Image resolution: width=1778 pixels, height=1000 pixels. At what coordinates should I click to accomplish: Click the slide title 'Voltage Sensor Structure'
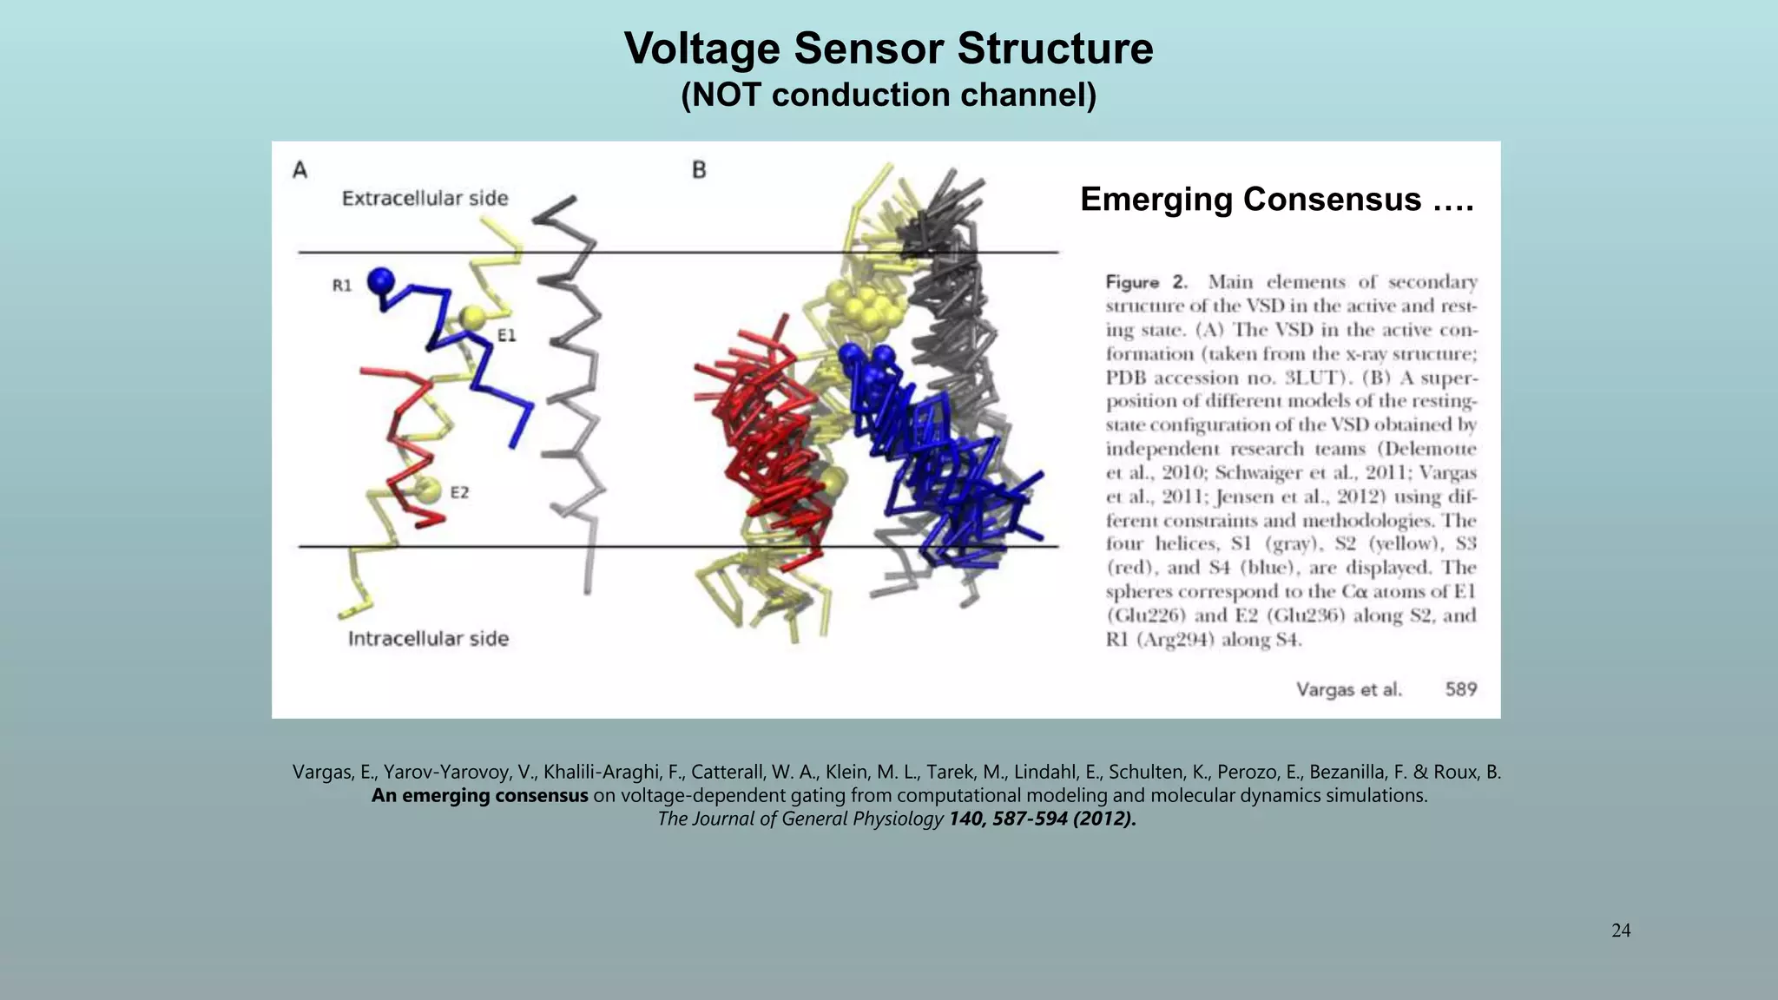(888, 49)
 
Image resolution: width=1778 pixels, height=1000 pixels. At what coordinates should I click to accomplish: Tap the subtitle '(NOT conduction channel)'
(888, 95)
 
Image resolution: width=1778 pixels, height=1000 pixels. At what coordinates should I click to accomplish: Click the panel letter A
(300, 169)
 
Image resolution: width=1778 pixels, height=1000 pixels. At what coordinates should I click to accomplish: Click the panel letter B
(699, 170)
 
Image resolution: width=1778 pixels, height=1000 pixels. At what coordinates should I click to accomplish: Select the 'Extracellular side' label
(425, 199)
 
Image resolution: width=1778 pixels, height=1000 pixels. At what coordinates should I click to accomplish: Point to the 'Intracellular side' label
(428, 639)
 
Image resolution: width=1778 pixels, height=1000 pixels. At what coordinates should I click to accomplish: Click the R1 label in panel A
(342, 286)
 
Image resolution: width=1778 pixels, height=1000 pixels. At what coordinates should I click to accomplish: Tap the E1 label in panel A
(506, 335)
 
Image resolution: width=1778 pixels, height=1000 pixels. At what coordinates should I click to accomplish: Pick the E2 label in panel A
(459, 492)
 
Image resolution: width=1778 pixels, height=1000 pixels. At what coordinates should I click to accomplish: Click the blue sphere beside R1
(380, 280)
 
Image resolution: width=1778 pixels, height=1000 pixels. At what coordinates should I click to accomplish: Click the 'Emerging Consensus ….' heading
(1276, 200)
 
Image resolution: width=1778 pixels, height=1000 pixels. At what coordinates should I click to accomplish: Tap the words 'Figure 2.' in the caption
(1145, 282)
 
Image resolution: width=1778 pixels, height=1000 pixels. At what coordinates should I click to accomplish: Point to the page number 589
(1460, 689)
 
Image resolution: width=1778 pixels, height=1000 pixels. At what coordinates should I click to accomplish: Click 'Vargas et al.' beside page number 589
(1348, 689)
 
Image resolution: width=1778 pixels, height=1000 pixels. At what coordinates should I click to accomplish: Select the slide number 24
(1620, 931)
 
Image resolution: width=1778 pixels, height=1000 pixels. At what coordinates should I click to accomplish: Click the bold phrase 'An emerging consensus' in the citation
(479, 796)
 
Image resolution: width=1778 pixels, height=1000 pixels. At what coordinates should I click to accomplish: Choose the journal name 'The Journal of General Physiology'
(800, 819)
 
